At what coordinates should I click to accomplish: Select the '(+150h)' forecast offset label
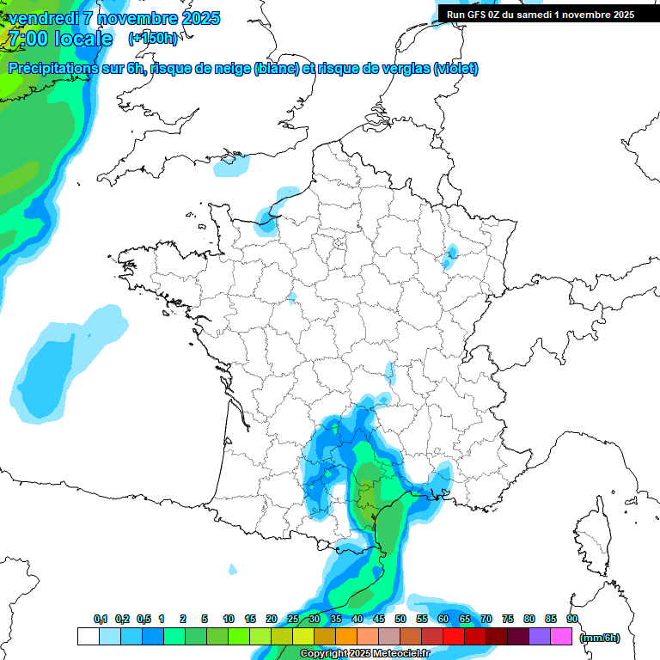(x=153, y=39)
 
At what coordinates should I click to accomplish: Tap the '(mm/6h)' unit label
(x=600, y=637)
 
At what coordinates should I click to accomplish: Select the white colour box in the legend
(x=88, y=637)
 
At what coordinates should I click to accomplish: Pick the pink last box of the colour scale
(x=561, y=637)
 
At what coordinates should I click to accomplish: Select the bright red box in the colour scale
(x=454, y=637)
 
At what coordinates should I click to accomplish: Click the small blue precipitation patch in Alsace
(x=449, y=255)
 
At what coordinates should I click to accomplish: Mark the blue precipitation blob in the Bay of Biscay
(x=52, y=365)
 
